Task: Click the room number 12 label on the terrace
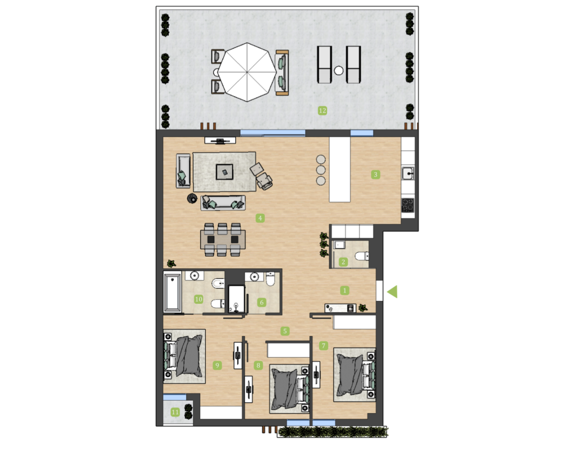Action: (323, 111)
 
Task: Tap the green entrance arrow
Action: (393, 291)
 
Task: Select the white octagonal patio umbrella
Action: (247, 72)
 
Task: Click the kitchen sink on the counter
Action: (408, 173)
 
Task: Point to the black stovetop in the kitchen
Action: (408, 205)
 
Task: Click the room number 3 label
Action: (375, 175)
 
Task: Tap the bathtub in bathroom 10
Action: (172, 292)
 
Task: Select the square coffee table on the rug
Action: (225, 172)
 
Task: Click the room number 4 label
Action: (260, 218)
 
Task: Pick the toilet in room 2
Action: (362, 256)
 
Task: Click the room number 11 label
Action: (175, 412)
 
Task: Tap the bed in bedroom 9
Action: (184, 356)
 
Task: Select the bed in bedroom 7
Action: (355, 374)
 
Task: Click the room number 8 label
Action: (258, 365)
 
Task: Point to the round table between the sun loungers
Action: (339, 71)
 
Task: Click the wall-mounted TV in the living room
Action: (220, 141)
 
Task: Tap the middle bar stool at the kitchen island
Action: (321, 169)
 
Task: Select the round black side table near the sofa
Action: (192, 198)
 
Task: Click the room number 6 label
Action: (261, 303)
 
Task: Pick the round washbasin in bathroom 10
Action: (194, 276)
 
